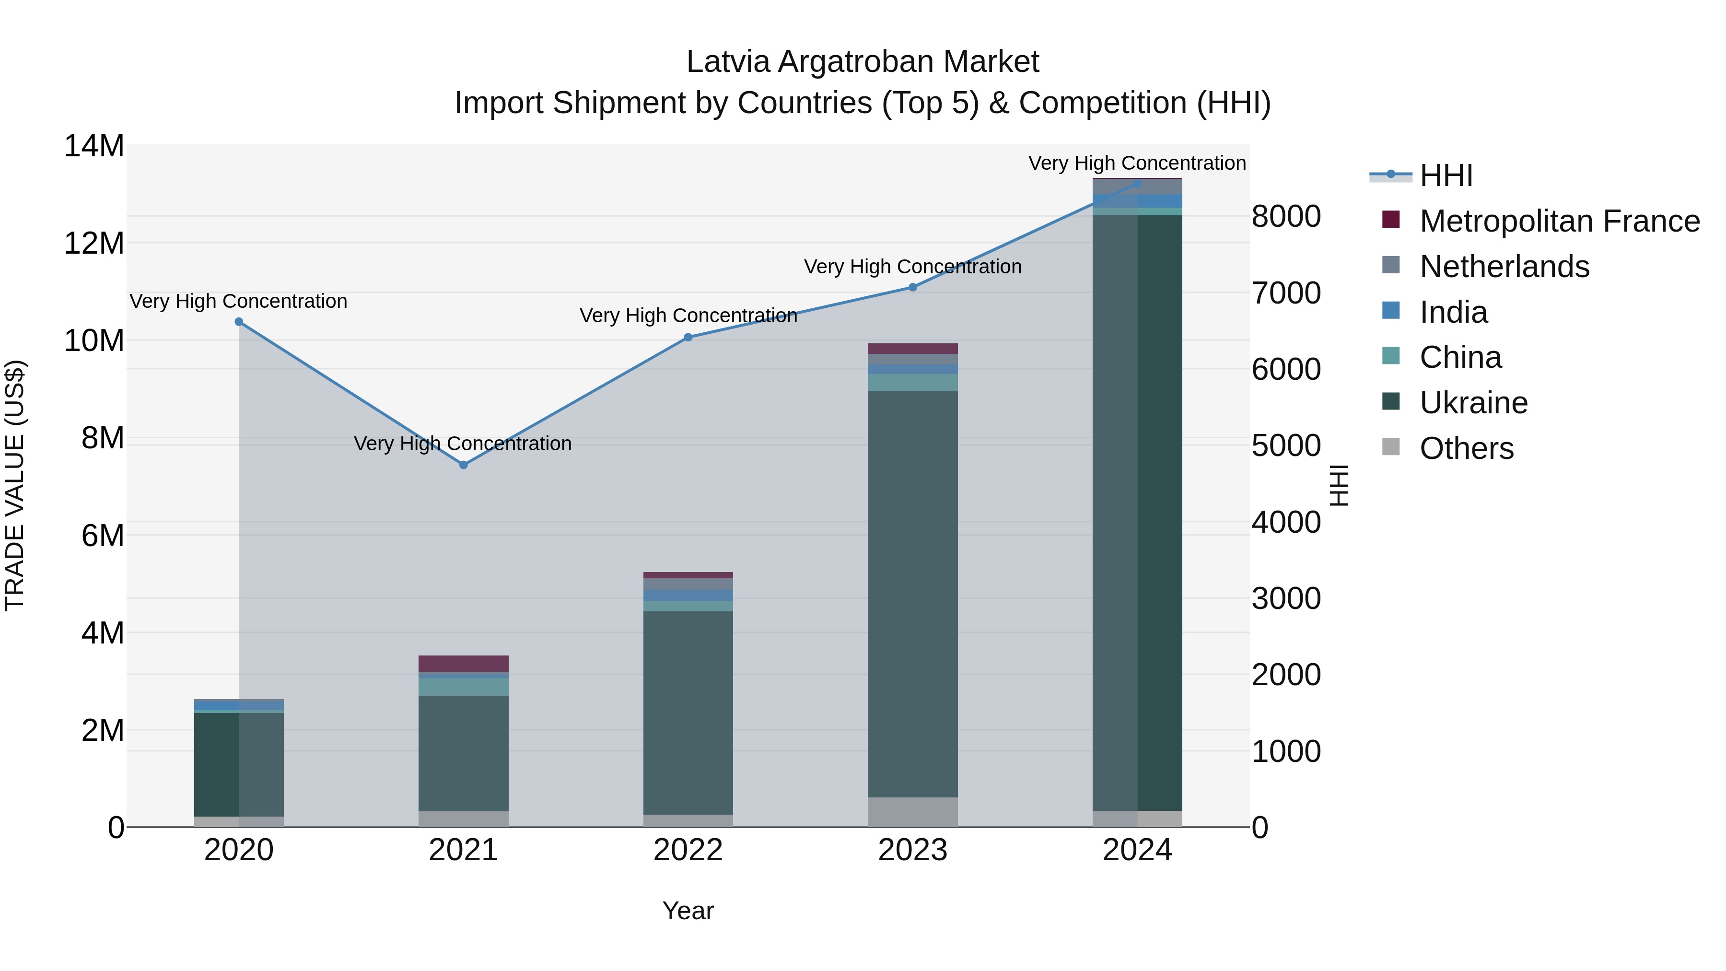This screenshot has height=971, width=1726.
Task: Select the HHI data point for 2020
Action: pyautogui.click(x=239, y=322)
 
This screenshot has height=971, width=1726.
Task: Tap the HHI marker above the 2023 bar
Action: pyautogui.click(x=912, y=287)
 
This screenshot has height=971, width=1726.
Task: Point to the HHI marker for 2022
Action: pyautogui.click(x=688, y=337)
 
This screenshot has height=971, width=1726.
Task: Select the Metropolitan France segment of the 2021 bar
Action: pyautogui.click(x=463, y=664)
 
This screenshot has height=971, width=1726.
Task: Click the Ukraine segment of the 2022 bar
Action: pyautogui.click(x=688, y=713)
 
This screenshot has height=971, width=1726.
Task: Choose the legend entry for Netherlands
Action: pyautogui.click(x=1504, y=267)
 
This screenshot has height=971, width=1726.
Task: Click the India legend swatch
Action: pyautogui.click(x=1391, y=311)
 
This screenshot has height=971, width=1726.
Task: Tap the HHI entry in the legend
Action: pyautogui.click(x=1446, y=175)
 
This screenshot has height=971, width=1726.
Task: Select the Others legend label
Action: pyautogui.click(x=1467, y=448)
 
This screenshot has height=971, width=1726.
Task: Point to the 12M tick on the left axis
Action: pyautogui.click(x=94, y=243)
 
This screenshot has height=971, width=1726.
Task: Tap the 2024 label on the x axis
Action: pyautogui.click(x=1137, y=850)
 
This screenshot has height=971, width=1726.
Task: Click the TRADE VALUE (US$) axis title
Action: pyautogui.click(x=15, y=485)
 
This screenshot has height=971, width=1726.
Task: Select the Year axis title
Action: pyautogui.click(x=688, y=911)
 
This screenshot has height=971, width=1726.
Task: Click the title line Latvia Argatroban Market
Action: pyautogui.click(x=863, y=62)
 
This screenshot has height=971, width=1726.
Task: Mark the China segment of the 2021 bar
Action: pyautogui.click(x=463, y=687)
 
